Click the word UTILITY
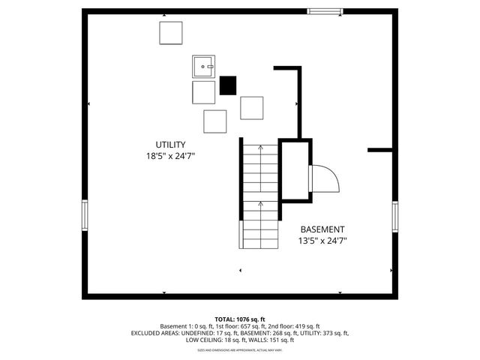click(x=171, y=145)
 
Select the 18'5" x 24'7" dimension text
click(x=171, y=157)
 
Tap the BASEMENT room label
click(x=322, y=229)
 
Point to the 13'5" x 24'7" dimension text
click(x=322, y=241)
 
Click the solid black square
click(x=228, y=85)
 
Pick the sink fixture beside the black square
click(x=203, y=67)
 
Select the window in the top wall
click(x=325, y=10)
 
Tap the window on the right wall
click(x=394, y=217)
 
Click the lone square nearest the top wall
click(x=171, y=33)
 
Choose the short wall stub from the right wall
click(x=380, y=150)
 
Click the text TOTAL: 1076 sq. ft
click(x=240, y=319)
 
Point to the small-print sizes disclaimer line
click(x=240, y=349)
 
